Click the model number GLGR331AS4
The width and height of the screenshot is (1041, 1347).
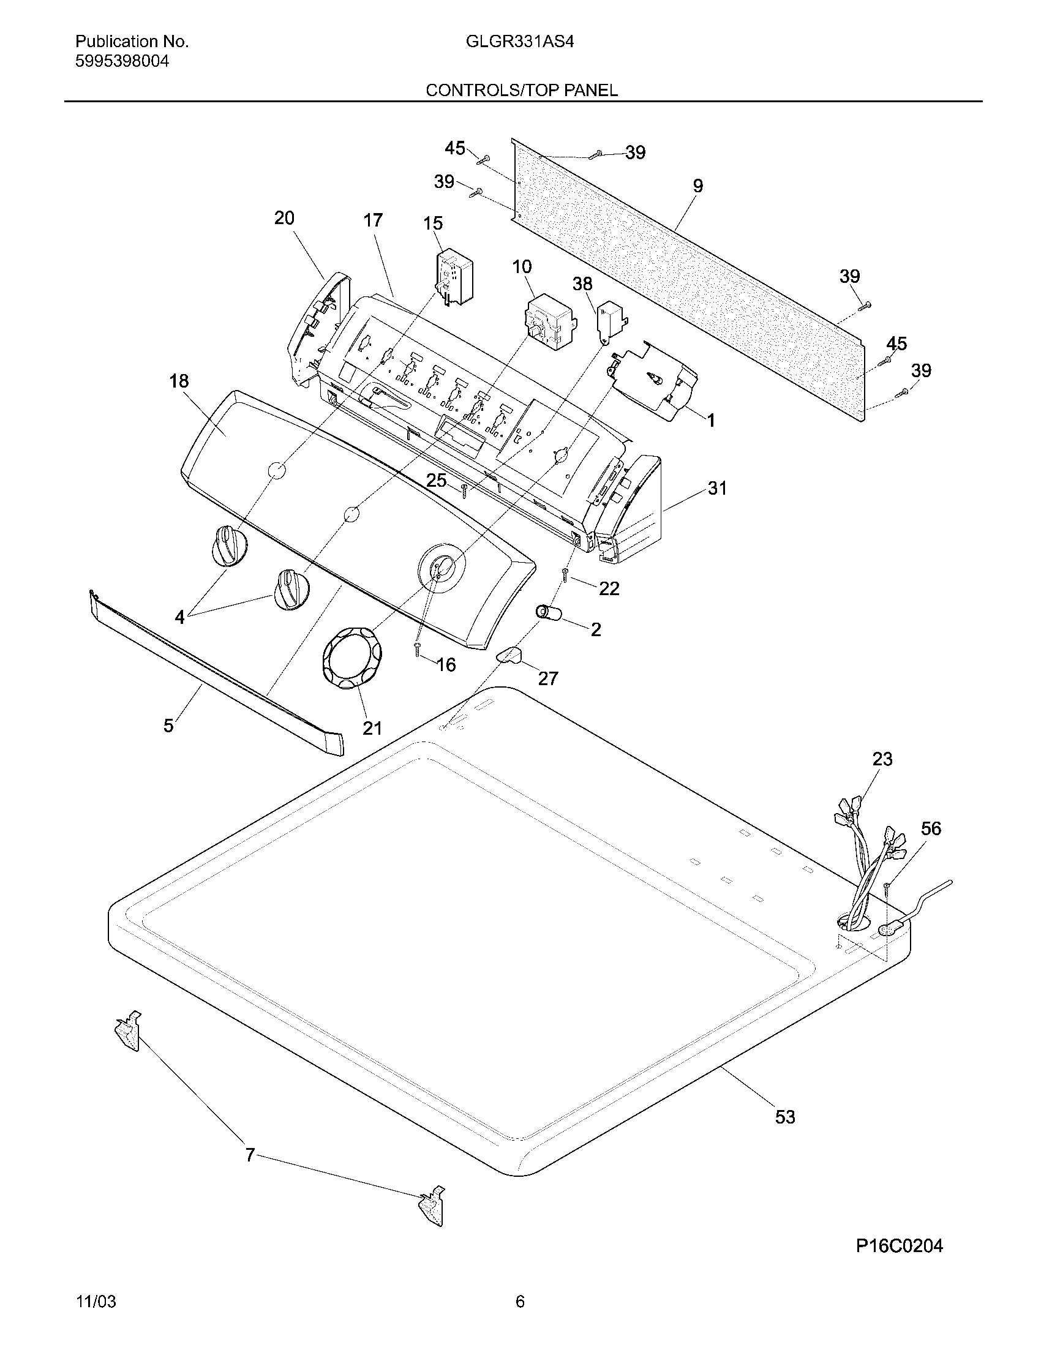tap(520, 42)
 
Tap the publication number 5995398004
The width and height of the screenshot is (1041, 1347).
tap(122, 61)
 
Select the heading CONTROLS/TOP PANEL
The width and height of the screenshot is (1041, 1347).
tap(521, 91)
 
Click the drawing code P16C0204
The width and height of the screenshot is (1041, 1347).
tap(899, 1247)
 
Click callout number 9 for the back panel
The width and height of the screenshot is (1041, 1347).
tap(697, 186)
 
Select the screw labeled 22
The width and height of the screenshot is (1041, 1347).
tap(565, 576)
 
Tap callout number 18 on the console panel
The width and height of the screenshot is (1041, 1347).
tap(179, 381)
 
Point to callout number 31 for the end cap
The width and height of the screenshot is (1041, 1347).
tap(716, 489)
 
